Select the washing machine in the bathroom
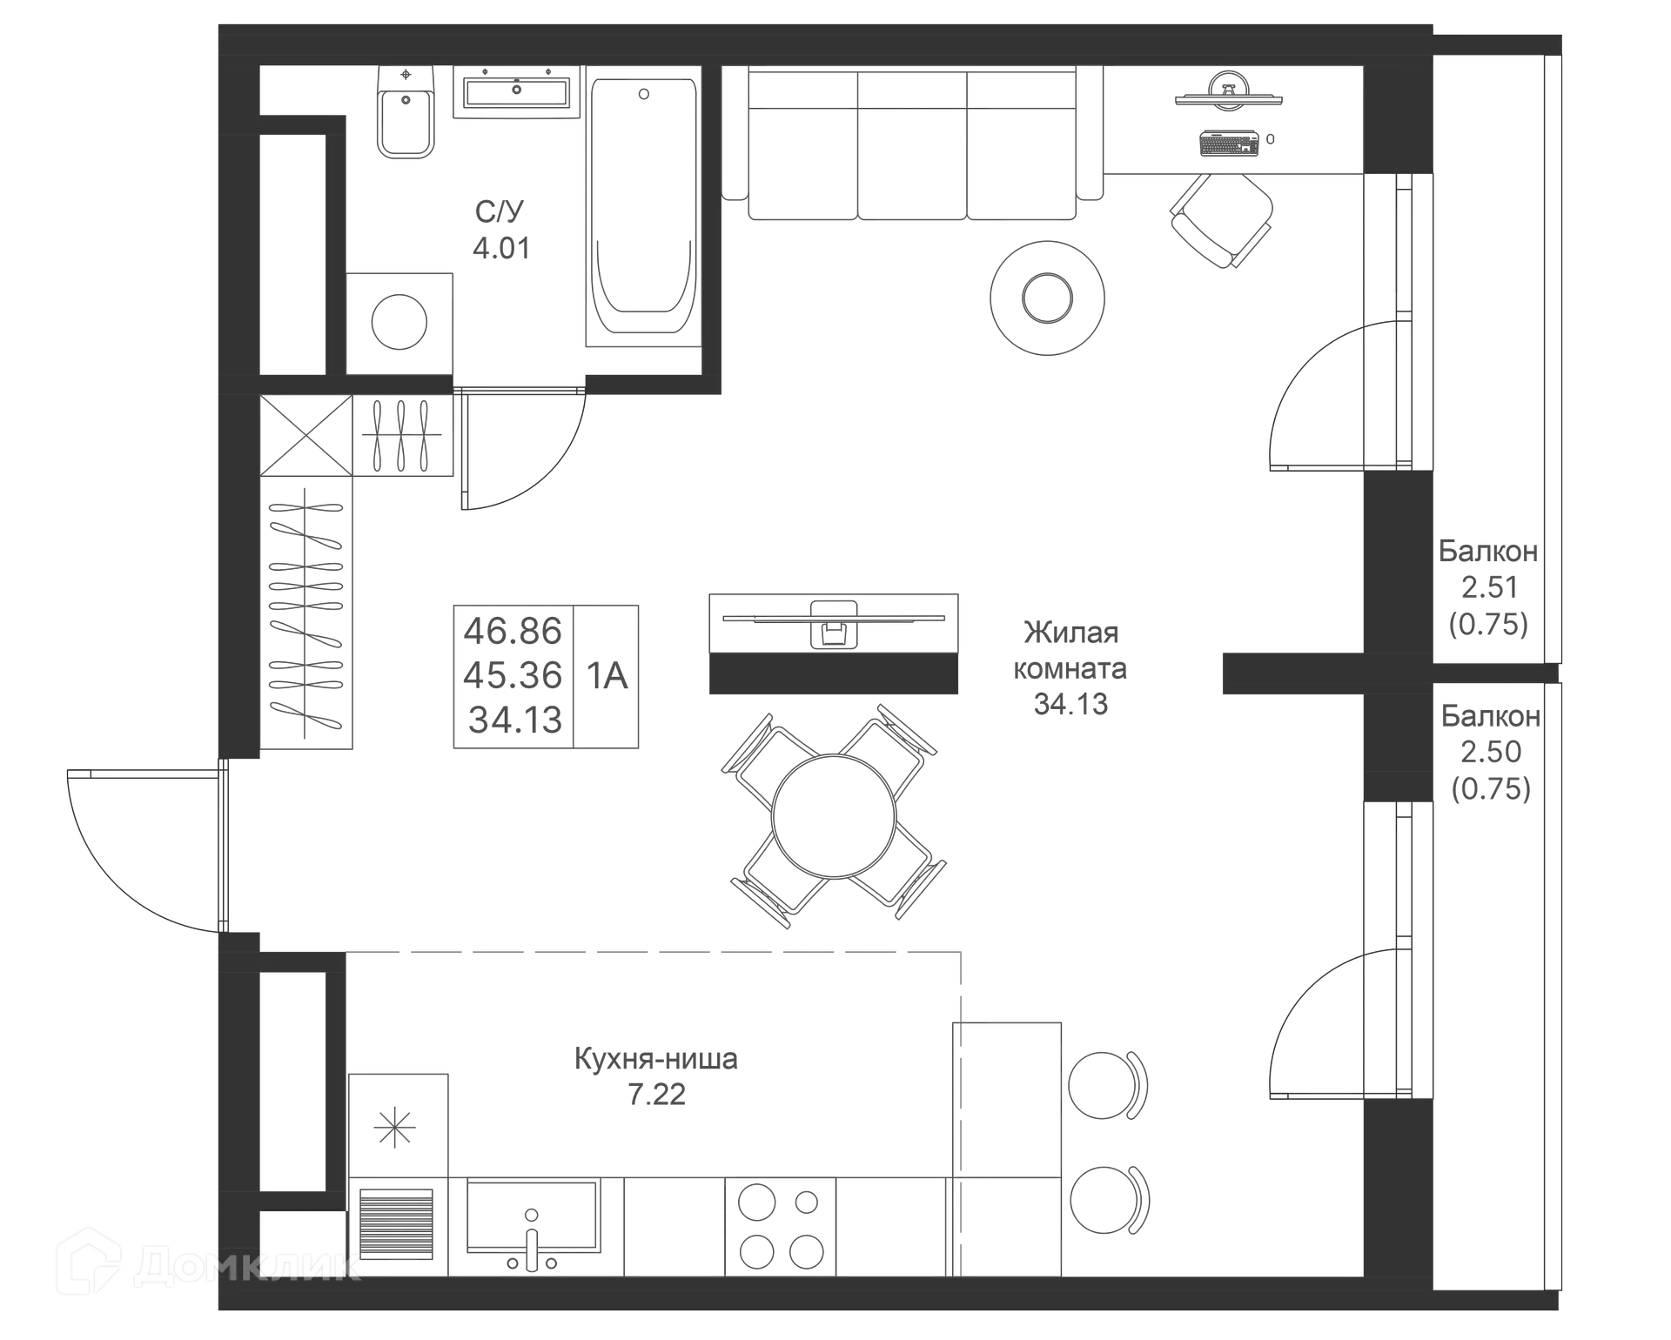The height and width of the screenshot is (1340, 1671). [x=400, y=322]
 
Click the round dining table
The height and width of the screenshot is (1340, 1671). [x=833, y=816]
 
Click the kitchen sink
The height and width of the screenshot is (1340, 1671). [x=531, y=1218]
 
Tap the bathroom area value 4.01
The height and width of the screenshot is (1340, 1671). [x=499, y=250]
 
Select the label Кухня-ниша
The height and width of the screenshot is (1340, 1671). [x=656, y=1059]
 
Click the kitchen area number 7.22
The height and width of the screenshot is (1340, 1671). [x=656, y=1094]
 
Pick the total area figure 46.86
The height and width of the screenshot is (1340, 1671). [x=513, y=628]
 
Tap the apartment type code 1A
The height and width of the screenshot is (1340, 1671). [x=609, y=675]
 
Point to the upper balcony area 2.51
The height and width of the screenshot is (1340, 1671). [x=1488, y=587]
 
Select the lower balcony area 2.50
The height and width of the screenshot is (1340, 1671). [x=1490, y=751]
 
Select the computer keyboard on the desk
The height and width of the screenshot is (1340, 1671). [x=1227, y=142]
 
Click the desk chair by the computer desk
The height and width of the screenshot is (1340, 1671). [x=1220, y=219]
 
